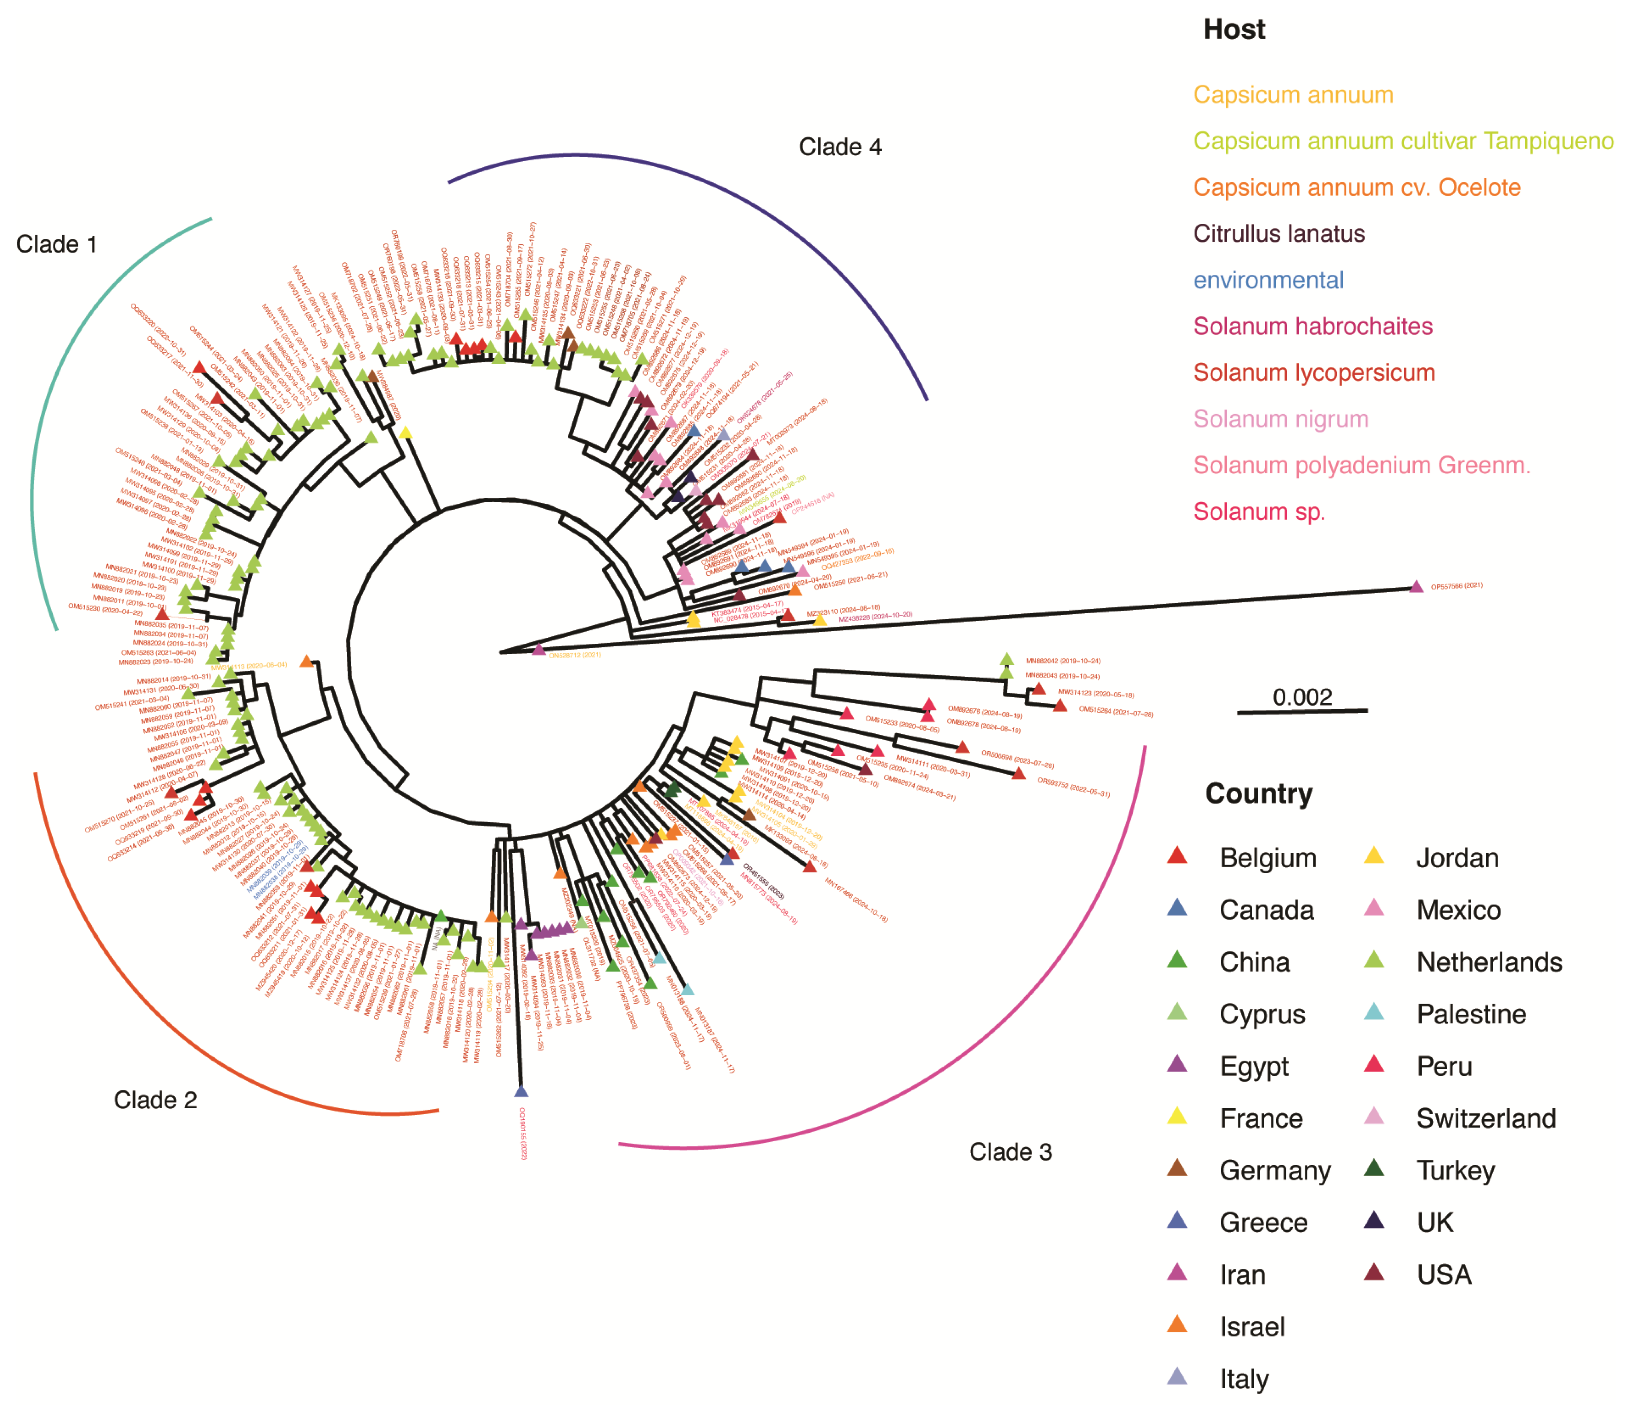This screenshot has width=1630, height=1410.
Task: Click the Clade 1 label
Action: [57, 245]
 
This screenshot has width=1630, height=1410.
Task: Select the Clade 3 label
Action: [1011, 1152]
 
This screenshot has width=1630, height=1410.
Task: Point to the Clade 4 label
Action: [840, 147]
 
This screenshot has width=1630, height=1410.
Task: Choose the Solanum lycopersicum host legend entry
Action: [1314, 373]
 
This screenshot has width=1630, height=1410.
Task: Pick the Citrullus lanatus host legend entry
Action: [1279, 234]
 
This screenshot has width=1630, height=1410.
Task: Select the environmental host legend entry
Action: [1268, 280]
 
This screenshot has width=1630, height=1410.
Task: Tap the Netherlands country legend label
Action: [1489, 962]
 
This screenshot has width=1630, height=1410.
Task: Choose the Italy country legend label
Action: [1243, 1379]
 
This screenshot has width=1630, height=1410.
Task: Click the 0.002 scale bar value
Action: [1302, 697]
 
